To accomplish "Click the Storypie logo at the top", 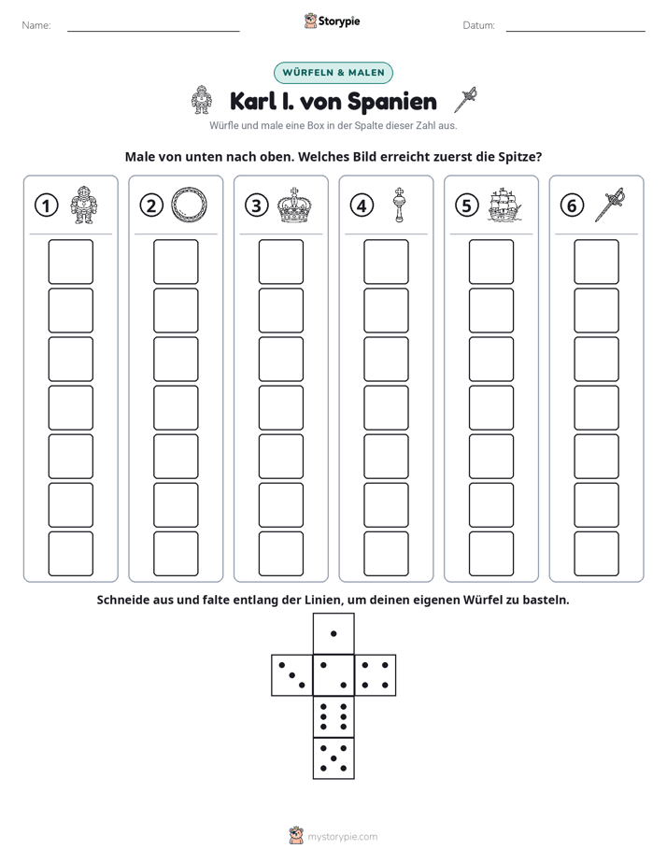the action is point(332,21).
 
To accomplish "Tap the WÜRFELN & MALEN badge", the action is point(333,73).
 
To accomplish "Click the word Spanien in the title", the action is point(392,102).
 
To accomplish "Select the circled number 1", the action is point(46,205).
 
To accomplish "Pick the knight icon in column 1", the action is point(84,205).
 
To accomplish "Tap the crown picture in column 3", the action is point(294,205).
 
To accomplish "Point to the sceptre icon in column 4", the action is point(399,205).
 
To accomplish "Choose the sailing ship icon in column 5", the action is point(504,205).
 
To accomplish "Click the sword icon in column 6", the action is point(610,205).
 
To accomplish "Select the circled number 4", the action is point(362,205).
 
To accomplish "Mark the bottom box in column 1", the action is point(70,554).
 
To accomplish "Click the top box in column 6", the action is point(597,262).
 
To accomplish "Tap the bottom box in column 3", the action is point(280,554).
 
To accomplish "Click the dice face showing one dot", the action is point(333,633).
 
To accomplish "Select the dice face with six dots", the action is point(333,716).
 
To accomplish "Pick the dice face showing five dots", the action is point(333,758).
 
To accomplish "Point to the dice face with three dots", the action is point(292,675).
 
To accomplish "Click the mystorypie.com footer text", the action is point(342,837).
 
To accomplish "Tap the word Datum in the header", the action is point(479,25).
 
